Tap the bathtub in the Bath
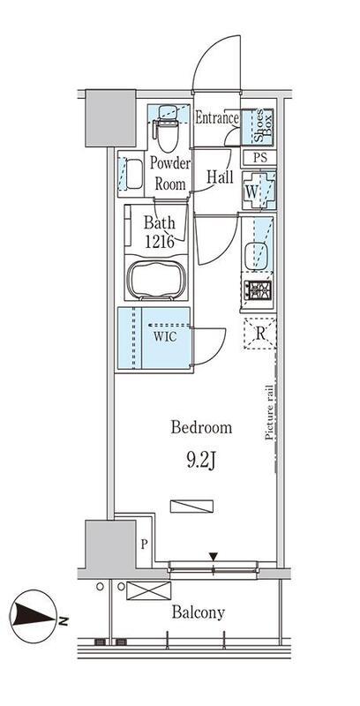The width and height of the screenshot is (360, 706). [156, 279]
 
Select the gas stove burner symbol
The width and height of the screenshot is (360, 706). [258, 290]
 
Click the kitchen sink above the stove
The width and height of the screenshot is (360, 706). [258, 255]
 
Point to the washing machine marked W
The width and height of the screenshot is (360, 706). [259, 191]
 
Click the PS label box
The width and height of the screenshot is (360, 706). [259, 158]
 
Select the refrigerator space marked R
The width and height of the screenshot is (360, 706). [259, 334]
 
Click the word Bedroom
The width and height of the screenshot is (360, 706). [201, 427]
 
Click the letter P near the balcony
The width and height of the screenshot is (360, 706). [144, 545]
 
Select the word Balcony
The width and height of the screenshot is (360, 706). [198, 612]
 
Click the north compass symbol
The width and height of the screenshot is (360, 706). [34, 616]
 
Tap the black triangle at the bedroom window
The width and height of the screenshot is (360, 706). [214, 557]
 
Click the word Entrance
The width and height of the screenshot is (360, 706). [217, 118]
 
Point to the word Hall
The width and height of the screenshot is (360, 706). [220, 177]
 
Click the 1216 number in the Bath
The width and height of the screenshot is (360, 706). [160, 242]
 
